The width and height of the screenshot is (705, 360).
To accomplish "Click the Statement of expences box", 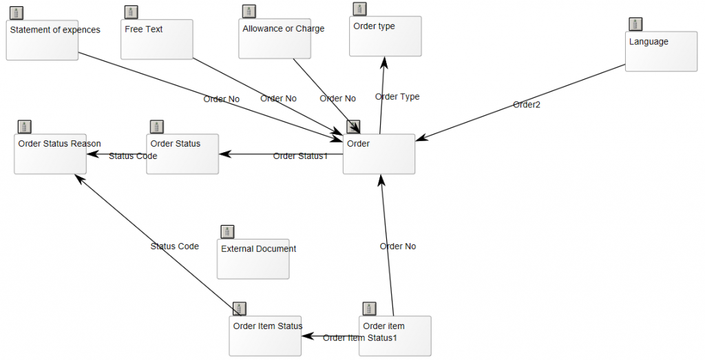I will point(42,40).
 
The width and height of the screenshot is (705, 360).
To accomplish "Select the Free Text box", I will point(156,40).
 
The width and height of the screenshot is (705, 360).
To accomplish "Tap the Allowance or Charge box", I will point(275,40).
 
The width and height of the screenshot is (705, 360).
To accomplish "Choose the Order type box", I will point(385,36).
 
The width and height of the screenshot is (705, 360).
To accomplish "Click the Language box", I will point(661,52).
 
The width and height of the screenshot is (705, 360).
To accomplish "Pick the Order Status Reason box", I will point(50,154).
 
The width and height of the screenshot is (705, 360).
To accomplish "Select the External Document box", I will point(253,259).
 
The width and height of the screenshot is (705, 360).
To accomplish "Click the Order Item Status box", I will point(265,336).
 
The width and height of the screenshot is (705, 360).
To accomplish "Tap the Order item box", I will point(395,336).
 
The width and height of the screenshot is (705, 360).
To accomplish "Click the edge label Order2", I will point(527,105).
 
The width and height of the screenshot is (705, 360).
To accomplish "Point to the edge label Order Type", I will point(397,96).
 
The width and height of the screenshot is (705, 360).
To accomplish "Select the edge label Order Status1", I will point(300,156).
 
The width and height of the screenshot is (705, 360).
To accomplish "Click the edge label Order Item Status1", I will point(360,337).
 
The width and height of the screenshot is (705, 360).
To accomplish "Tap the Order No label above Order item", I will point(398,246).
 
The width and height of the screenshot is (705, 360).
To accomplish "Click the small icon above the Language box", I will point(635,24).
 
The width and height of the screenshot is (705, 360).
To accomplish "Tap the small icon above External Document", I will point(227,231).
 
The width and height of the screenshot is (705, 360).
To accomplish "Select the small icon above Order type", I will point(359,8).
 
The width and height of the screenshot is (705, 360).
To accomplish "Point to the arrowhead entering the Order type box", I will point(384,62).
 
